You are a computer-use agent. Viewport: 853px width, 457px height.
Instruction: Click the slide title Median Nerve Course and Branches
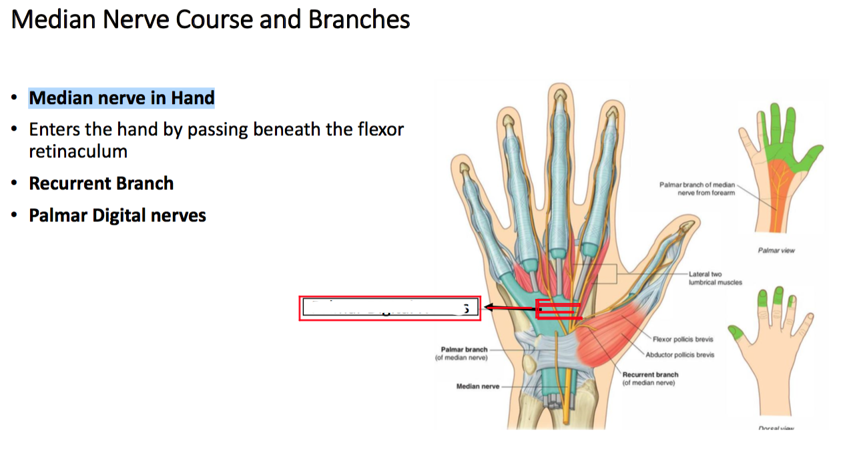pos(210,20)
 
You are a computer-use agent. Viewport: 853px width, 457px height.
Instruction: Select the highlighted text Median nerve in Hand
pos(121,98)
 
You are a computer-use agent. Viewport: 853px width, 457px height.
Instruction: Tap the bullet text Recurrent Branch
pos(101,183)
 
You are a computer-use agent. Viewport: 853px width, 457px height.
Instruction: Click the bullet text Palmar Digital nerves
pos(117,215)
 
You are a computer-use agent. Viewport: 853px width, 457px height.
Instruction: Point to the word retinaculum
pos(78,151)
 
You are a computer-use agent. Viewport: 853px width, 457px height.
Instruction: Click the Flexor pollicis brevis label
pos(683,340)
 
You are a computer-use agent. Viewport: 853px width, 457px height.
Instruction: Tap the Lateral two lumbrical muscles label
pos(715,278)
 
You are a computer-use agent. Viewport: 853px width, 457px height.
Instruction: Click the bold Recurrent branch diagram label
pos(650,374)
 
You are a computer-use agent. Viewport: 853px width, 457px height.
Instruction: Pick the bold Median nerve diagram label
pos(477,386)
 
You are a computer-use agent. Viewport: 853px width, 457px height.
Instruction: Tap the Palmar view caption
pos(776,251)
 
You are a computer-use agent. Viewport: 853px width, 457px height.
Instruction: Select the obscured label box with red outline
pos(390,308)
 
